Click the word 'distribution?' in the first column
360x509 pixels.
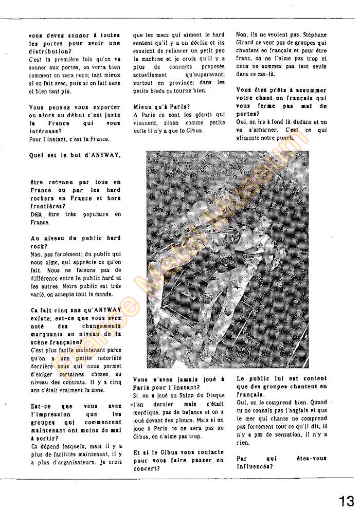(x=50, y=51)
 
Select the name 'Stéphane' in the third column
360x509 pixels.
(x=312, y=35)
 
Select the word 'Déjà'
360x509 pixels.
(x=38, y=214)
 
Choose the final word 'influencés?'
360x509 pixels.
(x=254, y=467)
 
